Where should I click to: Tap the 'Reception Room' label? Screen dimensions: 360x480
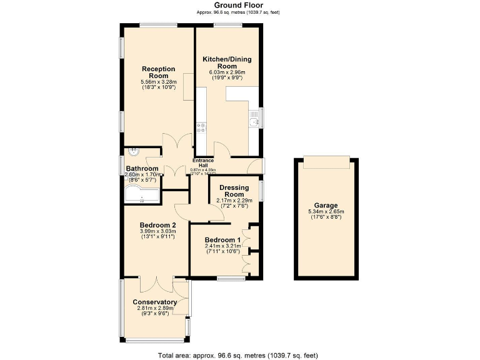pyautogui.click(x=158, y=72)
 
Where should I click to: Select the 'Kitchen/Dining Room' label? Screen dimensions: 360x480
pyautogui.click(x=227, y=62)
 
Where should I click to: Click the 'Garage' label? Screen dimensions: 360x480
pyautogui.click(x=326, y=205)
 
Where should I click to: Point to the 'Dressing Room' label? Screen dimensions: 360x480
pyautogui.click(x=234, y=191)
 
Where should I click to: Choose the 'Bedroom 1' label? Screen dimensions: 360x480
pyautogui.click(x=222, y=240)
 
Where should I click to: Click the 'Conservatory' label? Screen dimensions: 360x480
pyautogui.click(x=154, y=302)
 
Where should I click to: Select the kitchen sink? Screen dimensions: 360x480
pyautogui.click(x=253, y=119)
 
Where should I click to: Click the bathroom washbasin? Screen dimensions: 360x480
pyautogui.click(x=132, y=152)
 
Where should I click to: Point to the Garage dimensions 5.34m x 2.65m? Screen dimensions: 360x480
pyautogui.click(x=326, y=212)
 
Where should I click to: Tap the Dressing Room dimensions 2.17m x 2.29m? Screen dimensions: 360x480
pyautogui.click(x=234, y=201)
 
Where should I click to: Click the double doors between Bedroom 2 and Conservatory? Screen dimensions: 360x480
pyautogui.click(x=154, y=284)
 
